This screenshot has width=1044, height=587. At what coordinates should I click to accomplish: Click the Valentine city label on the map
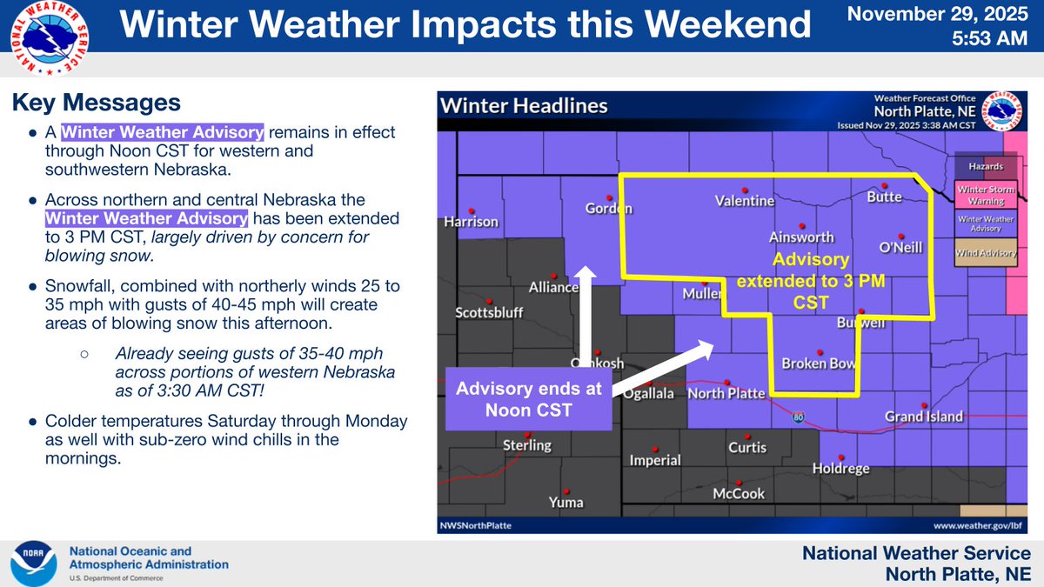(744, 201)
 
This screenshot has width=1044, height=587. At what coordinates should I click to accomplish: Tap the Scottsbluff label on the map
(489, 312)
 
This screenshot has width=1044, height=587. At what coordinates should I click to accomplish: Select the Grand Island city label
(923, 417)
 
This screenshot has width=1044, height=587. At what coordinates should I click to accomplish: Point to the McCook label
(738, 493)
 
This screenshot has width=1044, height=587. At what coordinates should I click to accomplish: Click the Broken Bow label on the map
(818, 364)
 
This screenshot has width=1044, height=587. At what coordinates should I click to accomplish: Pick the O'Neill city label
(900, 248)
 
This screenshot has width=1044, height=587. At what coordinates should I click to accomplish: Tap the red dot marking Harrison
(471, 210)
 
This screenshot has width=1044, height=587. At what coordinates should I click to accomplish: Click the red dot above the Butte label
(884, 185)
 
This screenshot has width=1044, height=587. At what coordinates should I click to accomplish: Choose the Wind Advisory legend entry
(986, 253)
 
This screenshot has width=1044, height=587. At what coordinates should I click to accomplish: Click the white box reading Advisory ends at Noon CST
(530, 398)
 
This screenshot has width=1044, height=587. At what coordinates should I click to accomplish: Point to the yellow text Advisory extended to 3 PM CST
(811, 281)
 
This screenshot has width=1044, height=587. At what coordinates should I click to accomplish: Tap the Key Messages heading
(96, 103)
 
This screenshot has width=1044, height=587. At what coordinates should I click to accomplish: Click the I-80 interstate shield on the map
(799, 418)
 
